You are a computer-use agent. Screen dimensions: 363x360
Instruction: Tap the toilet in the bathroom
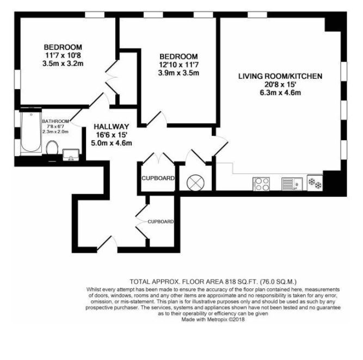52,147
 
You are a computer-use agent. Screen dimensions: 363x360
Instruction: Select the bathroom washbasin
71,154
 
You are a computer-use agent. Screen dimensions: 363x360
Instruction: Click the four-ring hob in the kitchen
261,184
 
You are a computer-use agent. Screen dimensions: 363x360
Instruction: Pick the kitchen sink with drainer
292,184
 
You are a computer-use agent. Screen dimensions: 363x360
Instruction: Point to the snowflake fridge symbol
315,183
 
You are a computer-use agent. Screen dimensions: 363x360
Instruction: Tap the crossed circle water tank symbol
195,183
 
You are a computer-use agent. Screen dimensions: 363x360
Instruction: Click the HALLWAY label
112,127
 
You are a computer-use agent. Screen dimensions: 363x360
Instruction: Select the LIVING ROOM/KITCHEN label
280,76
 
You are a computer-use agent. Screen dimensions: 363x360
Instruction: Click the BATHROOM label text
56,121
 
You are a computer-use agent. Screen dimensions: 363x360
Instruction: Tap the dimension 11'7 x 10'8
63,55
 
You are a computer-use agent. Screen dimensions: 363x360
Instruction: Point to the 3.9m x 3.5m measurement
179,73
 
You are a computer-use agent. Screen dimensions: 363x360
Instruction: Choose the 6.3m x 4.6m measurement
280,93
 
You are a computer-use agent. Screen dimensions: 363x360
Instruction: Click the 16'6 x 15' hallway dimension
112,135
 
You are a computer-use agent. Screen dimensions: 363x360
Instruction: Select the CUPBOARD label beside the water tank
158,178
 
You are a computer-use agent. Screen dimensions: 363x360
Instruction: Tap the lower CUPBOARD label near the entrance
161,222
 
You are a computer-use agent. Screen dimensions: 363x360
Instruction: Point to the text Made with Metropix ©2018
213,320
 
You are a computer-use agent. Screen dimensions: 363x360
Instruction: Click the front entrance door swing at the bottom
107,243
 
